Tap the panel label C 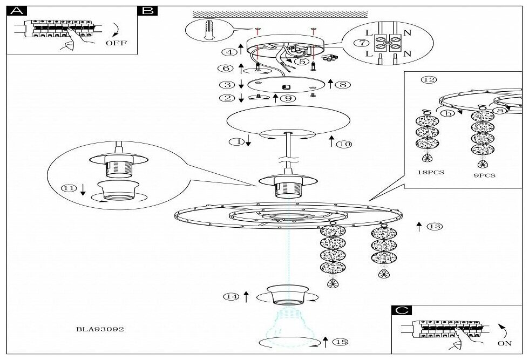(403, 311)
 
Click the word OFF (116, 43)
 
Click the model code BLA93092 (100, 329)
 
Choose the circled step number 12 (429, 80)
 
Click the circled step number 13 (433, 227)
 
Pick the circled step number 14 (232, 296)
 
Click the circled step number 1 (235, 142)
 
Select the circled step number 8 (343, 84)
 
